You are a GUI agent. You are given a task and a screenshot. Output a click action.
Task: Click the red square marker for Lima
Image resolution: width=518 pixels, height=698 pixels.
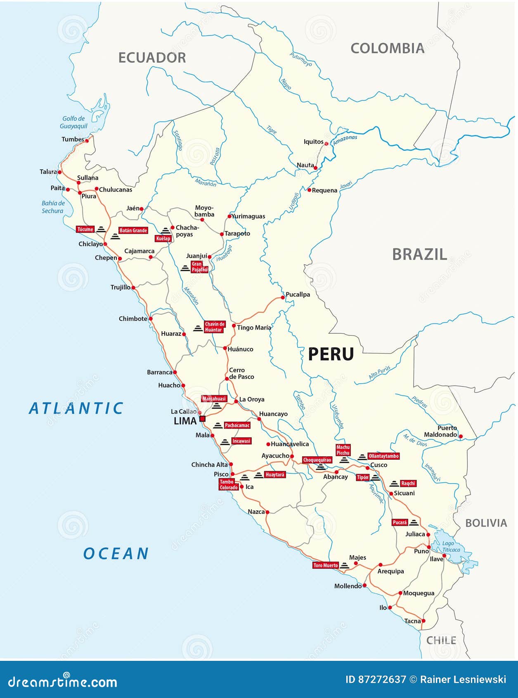(x=202, y=419)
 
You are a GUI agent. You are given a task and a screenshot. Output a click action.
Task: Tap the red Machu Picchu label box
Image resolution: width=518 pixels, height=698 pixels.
(x=343, y=450)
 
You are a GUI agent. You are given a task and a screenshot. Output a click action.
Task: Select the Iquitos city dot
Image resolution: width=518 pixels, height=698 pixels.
(x=326, y=144)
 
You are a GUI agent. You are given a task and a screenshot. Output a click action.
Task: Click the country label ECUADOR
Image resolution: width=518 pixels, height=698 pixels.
(x=152, y=58)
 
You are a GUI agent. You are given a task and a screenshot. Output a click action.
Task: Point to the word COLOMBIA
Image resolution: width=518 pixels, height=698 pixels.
(x=387, y=48)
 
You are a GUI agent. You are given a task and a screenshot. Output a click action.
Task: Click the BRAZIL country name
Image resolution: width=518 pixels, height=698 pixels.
(x=419, y=254)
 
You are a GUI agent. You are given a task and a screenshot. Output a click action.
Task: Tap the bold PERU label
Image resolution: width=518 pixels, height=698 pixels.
(x=331, y=354)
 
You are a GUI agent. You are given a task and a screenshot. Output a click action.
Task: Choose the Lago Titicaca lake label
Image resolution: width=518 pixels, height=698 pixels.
(x=451, y=546)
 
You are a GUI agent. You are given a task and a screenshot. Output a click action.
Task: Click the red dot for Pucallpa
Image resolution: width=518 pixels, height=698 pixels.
(x=283, y=297)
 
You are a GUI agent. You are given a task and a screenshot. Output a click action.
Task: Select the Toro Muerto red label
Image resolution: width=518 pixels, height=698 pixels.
(x=326, y=565)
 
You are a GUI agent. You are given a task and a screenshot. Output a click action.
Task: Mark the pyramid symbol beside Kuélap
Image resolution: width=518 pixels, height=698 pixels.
(x=166, y=231)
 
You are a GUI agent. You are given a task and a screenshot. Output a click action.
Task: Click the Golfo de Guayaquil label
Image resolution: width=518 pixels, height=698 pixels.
(x=73, y=122)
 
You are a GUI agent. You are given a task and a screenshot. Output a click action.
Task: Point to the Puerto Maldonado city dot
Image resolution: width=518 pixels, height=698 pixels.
(x=461, y=436)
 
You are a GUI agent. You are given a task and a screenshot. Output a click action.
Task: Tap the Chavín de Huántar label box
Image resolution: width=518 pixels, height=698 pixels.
(x=215, y=327)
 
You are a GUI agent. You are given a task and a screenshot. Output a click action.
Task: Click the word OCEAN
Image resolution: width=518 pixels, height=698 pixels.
(x=116, y=554)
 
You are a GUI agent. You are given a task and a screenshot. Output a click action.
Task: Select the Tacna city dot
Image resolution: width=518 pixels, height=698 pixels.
(x=423, y=621)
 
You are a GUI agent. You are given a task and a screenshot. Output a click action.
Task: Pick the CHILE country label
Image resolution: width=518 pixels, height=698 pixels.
(x=441, y=641)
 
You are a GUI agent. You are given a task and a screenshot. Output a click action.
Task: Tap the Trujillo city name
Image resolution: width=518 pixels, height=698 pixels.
(x=120, y=287)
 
